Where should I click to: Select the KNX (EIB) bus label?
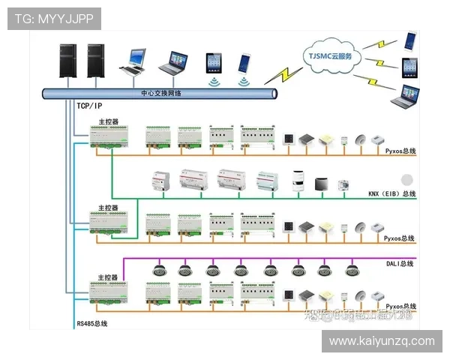391,194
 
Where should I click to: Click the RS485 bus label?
91,324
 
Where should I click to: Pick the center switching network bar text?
160,94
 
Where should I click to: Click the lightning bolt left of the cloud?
283,73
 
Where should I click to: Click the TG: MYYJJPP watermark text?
53,19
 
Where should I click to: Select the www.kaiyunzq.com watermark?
382,341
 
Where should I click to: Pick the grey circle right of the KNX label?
407,180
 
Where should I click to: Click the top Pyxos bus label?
400,151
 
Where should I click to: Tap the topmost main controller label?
108,121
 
